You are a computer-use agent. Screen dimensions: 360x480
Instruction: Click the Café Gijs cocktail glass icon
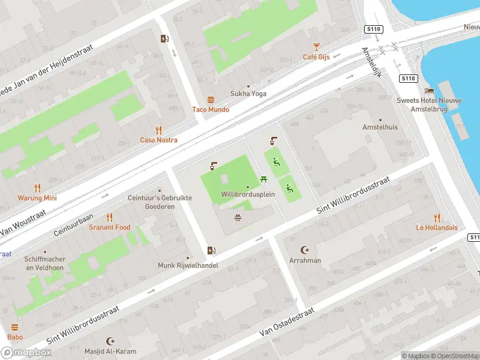(x=316, y=47)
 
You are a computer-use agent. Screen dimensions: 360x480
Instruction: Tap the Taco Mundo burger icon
(x=211, y=100)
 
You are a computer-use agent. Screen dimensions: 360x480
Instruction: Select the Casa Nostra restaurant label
(x=158, y=140)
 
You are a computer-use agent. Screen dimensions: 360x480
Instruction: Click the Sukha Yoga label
(x=248, y=94)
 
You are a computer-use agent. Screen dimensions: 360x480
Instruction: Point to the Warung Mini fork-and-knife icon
(x=37, y=188)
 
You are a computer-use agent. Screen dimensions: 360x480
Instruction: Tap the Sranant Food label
(x=109, y=227)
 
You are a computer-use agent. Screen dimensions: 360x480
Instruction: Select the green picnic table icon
(x=263, y=179)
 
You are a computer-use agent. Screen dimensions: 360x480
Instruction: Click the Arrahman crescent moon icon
(x=305, y=250)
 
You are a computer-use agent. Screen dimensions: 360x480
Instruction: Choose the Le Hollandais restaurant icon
(x=437, y=217)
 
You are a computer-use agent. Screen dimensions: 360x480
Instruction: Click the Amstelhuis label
(x=380, y=127)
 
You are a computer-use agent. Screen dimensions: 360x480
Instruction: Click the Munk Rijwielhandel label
(x=188, y=265)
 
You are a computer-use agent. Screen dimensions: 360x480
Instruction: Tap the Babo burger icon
(x=15, y=327)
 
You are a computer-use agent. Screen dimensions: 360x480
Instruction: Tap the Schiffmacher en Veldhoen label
(x=45, y=263)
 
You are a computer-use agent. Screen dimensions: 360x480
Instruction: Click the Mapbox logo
(x=26, y=353)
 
